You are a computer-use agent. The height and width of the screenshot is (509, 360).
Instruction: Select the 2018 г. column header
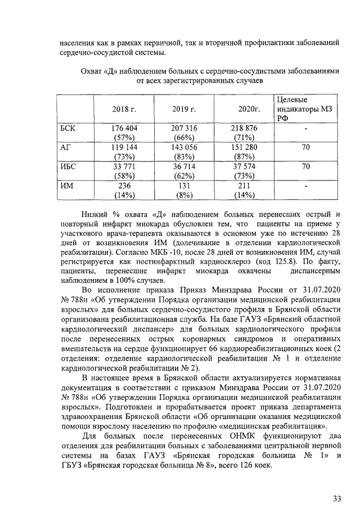click(x=123, y=109)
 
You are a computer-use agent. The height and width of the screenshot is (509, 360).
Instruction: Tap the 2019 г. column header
click(x=184, y=109)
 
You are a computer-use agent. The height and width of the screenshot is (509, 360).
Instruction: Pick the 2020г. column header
click(x=244, y=109)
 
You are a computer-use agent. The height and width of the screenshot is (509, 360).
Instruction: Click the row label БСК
click(x=68, y=129)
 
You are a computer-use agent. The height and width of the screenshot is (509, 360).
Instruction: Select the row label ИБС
click(x=68, y=166)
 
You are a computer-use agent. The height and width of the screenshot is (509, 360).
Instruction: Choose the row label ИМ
click(x=66, y=186)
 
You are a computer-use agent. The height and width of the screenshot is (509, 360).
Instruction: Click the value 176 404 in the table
click(x=123, y=129)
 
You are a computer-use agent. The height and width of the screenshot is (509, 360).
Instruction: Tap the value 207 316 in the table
click(x=184, y=129)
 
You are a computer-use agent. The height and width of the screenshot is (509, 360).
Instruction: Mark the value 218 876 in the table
click(x=244, y=129)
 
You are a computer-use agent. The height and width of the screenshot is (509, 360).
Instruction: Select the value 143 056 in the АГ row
click(x=184, y=147)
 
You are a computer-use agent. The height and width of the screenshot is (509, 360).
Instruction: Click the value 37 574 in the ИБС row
click(x=244, y=166)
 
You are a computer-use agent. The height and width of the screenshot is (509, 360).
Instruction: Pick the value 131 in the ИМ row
click(x=184, y=186)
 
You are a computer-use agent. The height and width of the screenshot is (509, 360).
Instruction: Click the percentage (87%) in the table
click(x=244, y=157)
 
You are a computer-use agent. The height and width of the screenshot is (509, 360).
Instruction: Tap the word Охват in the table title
click(x=93, y=71)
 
